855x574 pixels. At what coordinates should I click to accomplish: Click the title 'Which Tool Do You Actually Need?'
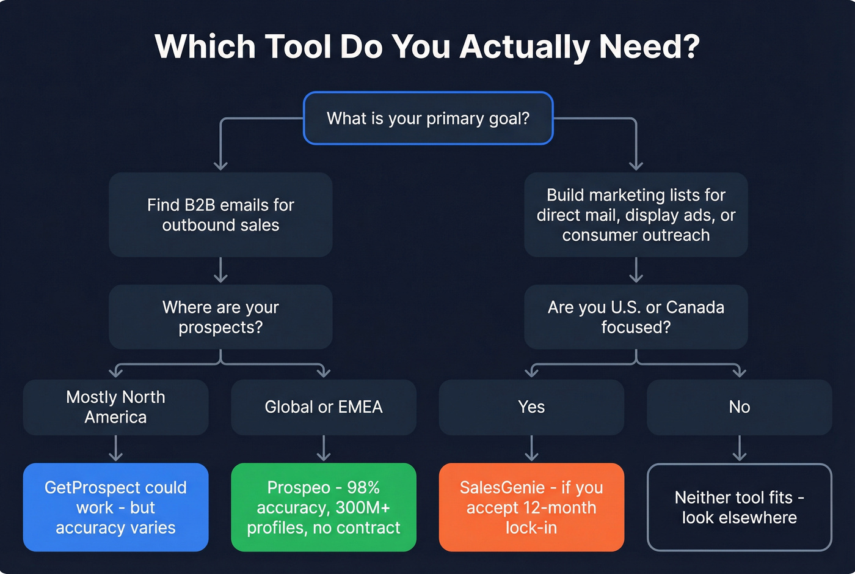(x=428, y=46)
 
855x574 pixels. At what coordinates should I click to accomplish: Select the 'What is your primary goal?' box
(x=428, y=118)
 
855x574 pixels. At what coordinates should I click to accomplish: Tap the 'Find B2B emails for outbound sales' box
(x=220, y=215)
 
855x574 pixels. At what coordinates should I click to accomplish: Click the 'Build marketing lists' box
(x=636, y=215)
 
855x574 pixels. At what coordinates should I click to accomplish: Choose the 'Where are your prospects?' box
(x=220, y=317)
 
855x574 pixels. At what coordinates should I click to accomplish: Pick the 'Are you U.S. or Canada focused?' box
(x=636, y=317)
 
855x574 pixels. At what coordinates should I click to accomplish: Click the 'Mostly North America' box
(x=115, y=407)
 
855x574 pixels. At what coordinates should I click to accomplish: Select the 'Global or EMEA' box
(x=324, y=407)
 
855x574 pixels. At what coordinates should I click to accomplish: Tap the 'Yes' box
(x=531, y=407)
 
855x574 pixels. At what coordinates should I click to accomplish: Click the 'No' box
(x=740, y=407)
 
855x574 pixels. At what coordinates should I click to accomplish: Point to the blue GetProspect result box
(x=115, y=507)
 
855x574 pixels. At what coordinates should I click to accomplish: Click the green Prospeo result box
(x=324, y=507)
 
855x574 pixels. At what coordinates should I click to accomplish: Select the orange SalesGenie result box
(x=531, y=507)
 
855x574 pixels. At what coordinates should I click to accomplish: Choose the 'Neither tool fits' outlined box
(x=740, y=507)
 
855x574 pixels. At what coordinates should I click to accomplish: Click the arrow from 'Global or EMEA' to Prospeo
(x=324, y=449)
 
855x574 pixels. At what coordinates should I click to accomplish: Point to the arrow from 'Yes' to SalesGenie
(x=531, y=449)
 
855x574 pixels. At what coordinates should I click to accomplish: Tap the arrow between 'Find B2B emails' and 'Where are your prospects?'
(x=220, y=270)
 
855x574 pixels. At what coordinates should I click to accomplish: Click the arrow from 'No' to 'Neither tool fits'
(x=740, y=449)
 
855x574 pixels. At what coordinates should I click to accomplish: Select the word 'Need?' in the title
(x=649, y=46)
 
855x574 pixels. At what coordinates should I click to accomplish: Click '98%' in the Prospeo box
(x=363, y=488)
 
